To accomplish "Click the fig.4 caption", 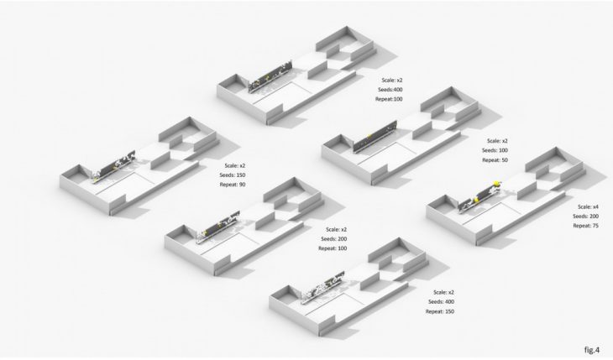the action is tap(591, 349).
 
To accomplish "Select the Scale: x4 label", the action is tap(588, 206).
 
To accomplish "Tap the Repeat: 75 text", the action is tap(585, 226).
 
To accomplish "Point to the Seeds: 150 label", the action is tap(233, 175).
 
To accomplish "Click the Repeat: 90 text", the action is tap(233, 185).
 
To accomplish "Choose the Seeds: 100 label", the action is tap(495, 150).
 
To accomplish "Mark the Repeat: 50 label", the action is tap(495, 160).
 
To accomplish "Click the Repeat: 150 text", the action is tap(440, 311).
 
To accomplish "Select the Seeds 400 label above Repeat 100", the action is tap(390, 90).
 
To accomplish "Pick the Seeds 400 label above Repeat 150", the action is tap(441, 302).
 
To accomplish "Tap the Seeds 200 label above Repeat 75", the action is tap(585, 217).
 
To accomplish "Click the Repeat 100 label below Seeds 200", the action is tap(333, 248).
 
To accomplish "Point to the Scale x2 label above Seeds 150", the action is tap(235, 165).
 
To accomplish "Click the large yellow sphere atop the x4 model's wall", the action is tap(497, 183).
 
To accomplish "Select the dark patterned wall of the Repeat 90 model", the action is tap(113, 166).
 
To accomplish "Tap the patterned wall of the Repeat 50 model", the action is tap(375, 137).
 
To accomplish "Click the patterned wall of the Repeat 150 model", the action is tap(323, 287).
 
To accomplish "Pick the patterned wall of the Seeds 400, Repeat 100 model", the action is tap(270, 76).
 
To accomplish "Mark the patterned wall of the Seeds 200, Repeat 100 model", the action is tap(218, 227).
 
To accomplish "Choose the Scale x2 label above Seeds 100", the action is tap(497, 141).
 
